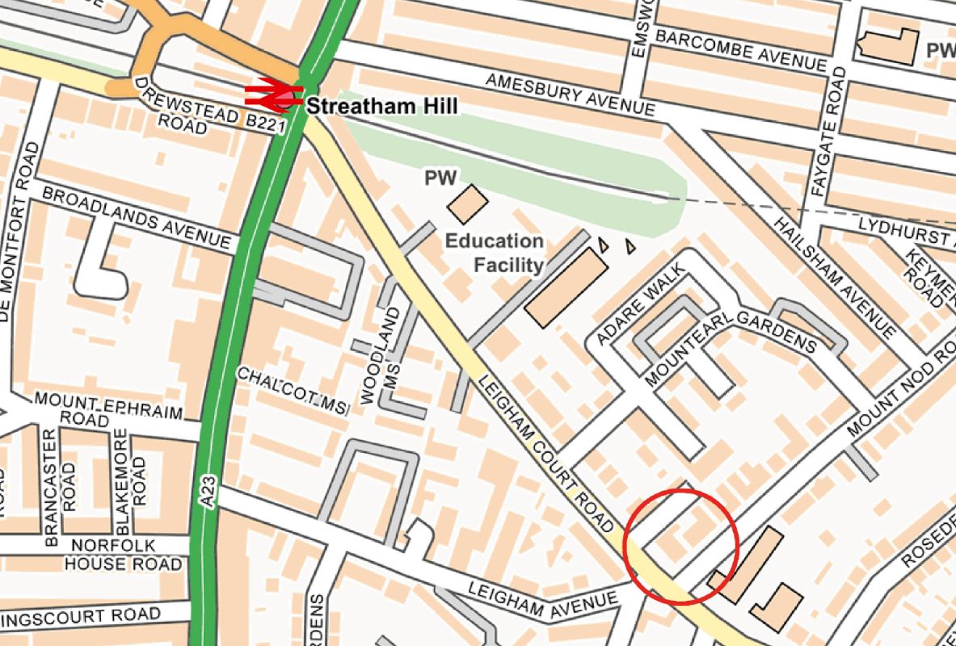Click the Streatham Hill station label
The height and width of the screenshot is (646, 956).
coord(381,106)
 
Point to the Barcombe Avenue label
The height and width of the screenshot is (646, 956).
coord(740,50)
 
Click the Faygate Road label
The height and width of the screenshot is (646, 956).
coord(828,132)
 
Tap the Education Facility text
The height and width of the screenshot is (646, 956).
coord(495,252)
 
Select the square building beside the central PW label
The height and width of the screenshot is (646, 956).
coord(467,204)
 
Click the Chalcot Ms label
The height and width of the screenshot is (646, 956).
coord(292,391)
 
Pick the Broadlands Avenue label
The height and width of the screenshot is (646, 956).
coord(136,217)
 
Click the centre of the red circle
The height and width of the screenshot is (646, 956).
coord(682,546)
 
